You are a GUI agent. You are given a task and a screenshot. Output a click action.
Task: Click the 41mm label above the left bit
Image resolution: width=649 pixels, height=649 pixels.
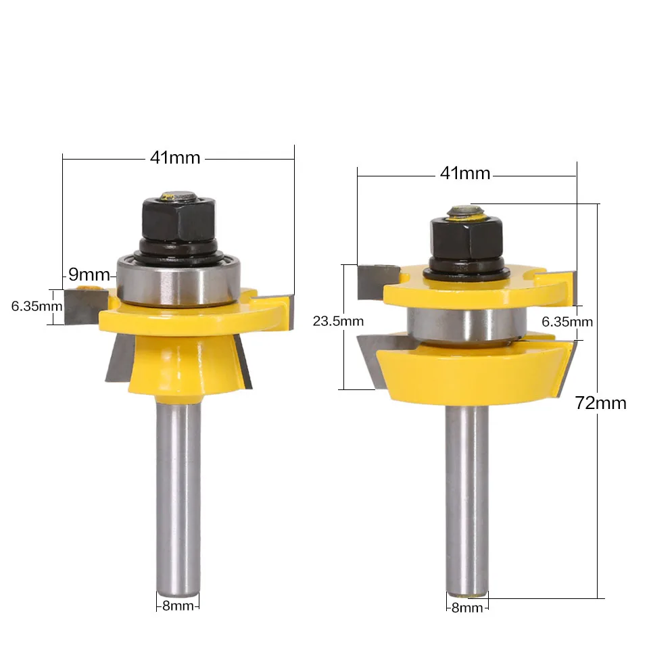[175, 158]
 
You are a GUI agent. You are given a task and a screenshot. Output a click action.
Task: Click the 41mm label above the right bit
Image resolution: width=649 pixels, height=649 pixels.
[464, 173]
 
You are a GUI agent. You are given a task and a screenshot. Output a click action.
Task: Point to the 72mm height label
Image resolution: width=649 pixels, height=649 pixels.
[600, 403]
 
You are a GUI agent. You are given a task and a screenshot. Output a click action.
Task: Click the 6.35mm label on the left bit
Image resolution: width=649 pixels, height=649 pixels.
[37, 306]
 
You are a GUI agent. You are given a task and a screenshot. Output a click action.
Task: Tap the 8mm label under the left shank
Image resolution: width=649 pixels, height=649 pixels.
[178, 605]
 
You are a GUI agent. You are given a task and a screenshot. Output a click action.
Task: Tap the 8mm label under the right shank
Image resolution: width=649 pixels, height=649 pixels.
[466, 607]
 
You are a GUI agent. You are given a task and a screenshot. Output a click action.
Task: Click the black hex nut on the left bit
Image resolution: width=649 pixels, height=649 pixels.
[178, 216]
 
